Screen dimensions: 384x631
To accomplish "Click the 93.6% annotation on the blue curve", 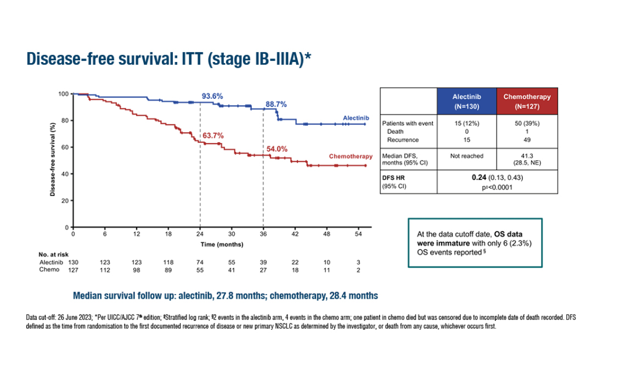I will tap(213, 96).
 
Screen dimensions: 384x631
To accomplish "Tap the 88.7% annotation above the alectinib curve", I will tap(276, 104).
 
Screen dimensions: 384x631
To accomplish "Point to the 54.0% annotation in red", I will tap(276, 150).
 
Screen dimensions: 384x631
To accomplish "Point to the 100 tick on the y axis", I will tap(64, 94).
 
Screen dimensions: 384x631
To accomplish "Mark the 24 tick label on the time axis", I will tap(200, 233).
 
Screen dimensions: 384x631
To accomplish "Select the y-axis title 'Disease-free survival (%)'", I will tap(53, 160).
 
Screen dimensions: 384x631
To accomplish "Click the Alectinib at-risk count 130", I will tap(73, 264).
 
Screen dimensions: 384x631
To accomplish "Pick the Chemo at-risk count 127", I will tap(73, 270).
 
